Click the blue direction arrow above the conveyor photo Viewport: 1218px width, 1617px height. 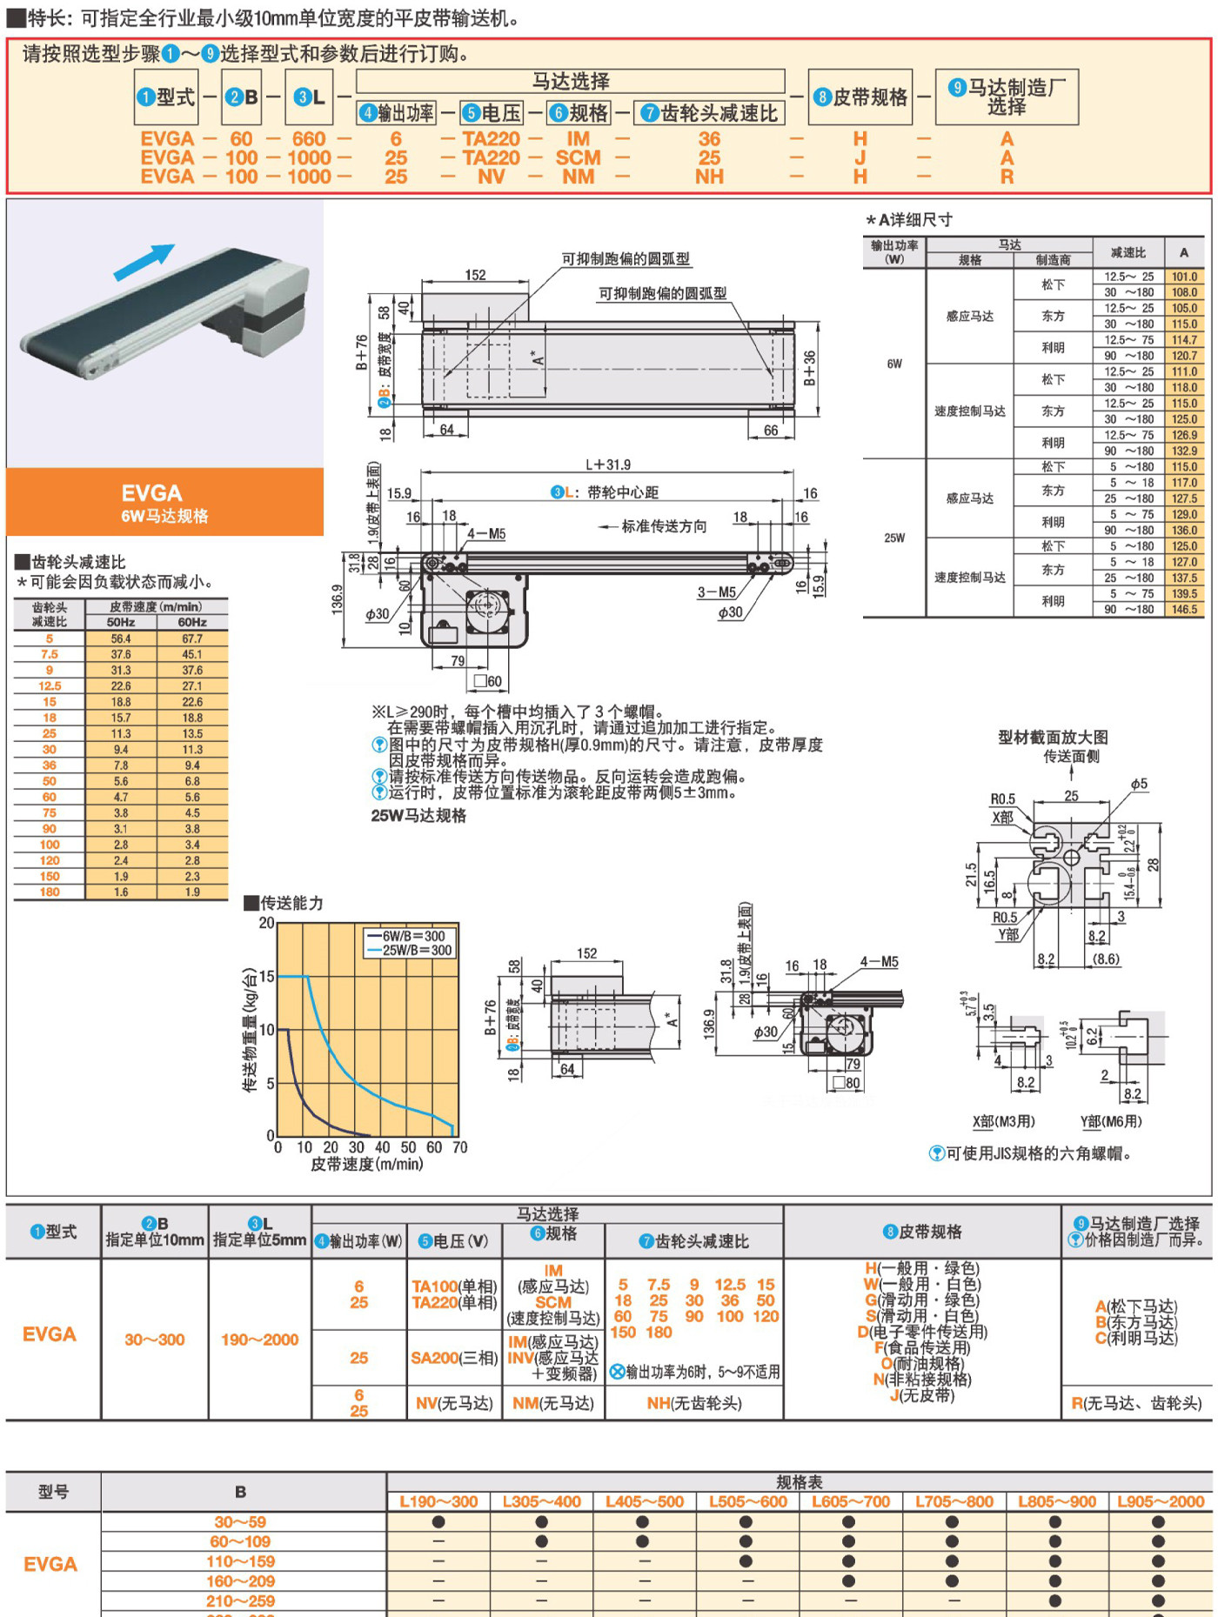(x=144, y=262)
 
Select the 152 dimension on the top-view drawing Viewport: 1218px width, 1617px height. (x=475, y=275)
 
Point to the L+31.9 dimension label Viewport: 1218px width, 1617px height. (x=607, y=464)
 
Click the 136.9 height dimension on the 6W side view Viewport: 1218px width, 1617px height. (x=338, y=599)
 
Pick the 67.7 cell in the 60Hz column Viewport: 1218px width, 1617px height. (x=192, y=638)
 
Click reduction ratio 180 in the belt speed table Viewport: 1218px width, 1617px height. (x=50, y=892)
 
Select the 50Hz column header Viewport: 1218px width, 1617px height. (x=121, y=622)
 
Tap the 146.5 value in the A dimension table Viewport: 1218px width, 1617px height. (x=1184, y=609)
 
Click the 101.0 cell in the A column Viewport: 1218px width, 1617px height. (x=1184, y=277)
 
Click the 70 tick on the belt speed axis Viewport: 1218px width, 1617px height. (x=459, y=1147)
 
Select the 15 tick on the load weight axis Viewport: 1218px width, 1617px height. (x=267, y=977)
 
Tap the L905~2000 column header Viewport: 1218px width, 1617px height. (x=1161, y=1501)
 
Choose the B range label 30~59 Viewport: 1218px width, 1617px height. (x=240, y=1522)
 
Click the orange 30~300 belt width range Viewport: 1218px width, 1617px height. (x=155, y=1340)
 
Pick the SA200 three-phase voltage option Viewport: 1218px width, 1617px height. (x=454, y=1358)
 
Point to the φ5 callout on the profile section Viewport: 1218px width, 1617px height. (x=1139, y=784)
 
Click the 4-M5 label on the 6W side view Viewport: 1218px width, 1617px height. (x=486, y=533)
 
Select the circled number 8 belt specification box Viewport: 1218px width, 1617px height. (x=860, y=97)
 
